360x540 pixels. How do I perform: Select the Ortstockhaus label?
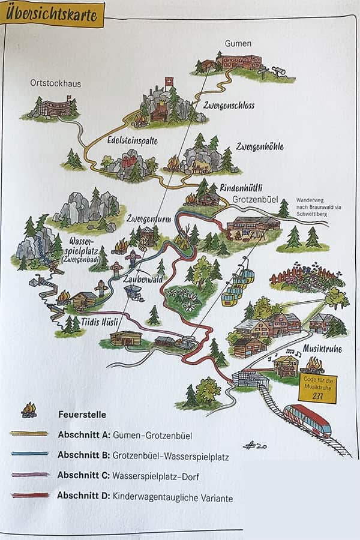click(55, 83)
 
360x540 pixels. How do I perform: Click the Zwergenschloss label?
click(229, 106)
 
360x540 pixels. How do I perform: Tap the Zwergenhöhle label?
click(259, 146)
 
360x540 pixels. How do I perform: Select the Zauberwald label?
click(143, 279)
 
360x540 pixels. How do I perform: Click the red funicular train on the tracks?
click(307, 420)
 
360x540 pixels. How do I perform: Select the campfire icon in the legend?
click(29, 410)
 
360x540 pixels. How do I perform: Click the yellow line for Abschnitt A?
click(29, 433)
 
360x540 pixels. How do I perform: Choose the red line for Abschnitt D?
click(29, 496)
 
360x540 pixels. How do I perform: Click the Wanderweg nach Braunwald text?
click(318, 203)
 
